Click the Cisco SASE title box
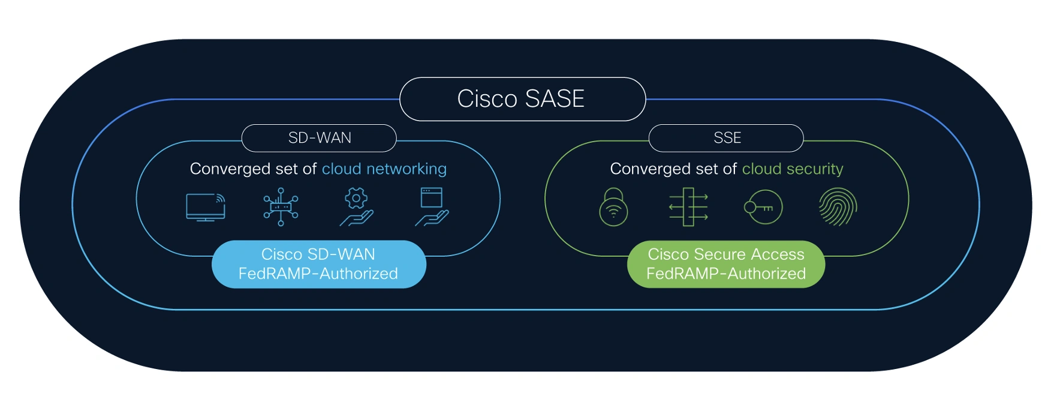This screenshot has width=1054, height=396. [522, 99]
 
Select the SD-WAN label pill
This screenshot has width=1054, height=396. [319, 138]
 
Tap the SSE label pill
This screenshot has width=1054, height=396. [727, 138]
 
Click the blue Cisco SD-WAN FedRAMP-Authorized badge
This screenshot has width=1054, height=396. [318, 264]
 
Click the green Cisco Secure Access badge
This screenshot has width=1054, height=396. [725, 264]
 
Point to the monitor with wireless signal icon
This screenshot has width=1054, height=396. [206, 207]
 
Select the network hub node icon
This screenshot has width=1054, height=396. [281, 207]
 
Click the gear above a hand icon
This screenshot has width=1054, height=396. [357, 207]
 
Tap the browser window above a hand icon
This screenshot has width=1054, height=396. [432, 207]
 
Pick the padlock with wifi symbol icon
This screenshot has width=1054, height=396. [613, 207]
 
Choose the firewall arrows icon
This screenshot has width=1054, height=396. [688, 207]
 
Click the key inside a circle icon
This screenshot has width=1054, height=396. [763, 208]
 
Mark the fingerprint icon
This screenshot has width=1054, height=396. [838, 207]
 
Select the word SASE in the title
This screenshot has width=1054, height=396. [554, 99]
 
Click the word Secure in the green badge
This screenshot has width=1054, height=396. [719, 254]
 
